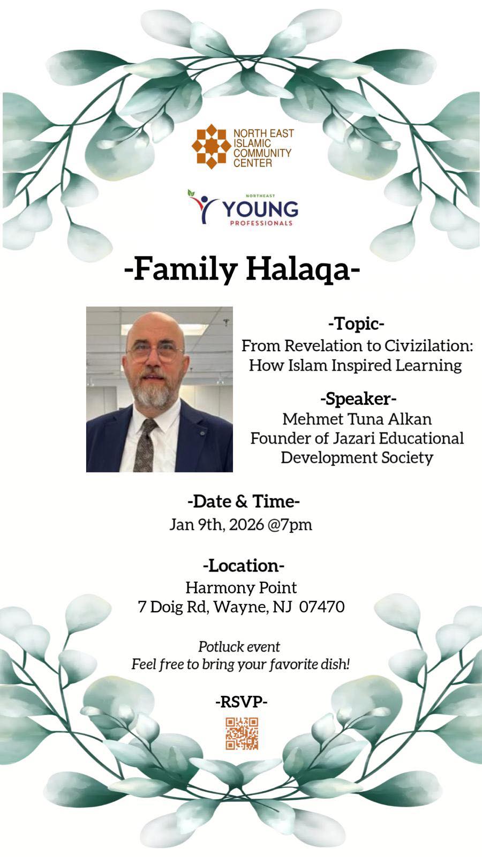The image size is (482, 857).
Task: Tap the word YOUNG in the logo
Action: click(x=260, y=209)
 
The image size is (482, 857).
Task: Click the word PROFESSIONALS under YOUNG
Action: click(x=261, y=223)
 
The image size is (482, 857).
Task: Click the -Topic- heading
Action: click(x=356, y=324)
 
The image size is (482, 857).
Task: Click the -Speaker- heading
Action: click(x=358, y=399)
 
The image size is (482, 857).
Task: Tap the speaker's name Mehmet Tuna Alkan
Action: click(x=357, y=418)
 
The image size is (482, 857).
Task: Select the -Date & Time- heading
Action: click(x=243, y=501)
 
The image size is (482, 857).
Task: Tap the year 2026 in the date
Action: click(x=246, y=524)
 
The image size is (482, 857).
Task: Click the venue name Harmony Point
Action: click(x=241, y=587)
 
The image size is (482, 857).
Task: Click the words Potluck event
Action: click(x=239, y=646)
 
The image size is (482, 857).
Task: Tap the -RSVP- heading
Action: click(x=241, y=701)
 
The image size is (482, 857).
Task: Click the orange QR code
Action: click(x=242, y=733)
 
